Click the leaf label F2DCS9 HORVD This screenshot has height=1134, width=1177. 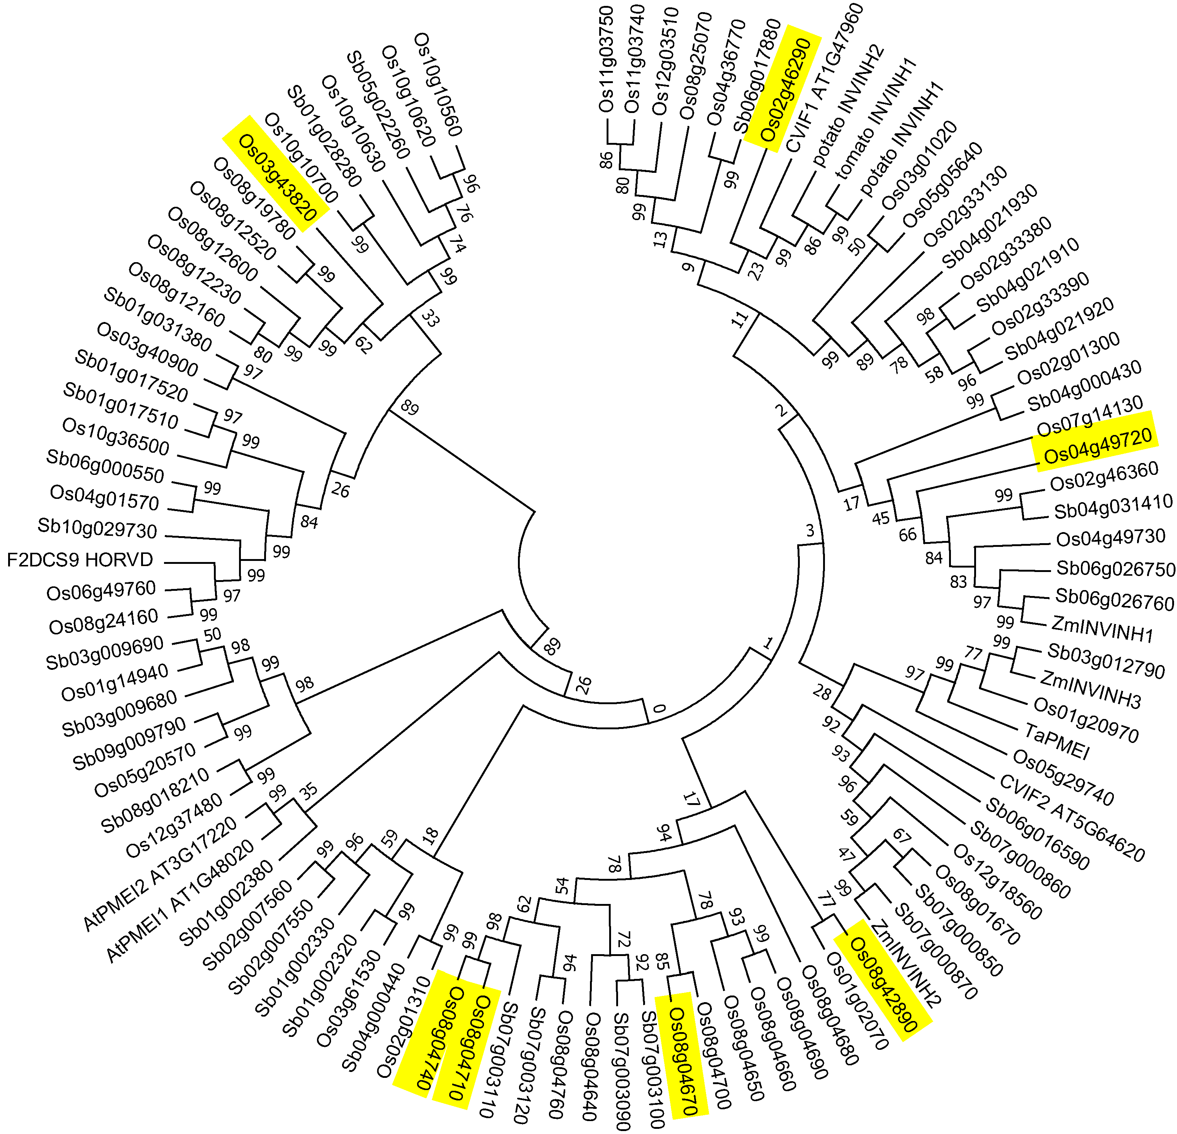pyautogui.click(x=80, y=560)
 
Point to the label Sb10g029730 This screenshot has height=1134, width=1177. pyautogui.click(x=97, y=528)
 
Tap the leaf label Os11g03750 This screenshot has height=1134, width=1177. pyautogui.click(x=606, y=60)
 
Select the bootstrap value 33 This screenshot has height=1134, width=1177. pyautogui.click(x=429, y=318)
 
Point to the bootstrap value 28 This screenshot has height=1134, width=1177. pyautogui.click(x=822, y=693)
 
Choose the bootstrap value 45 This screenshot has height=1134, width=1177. pyautogui.click(x=880, y=517)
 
